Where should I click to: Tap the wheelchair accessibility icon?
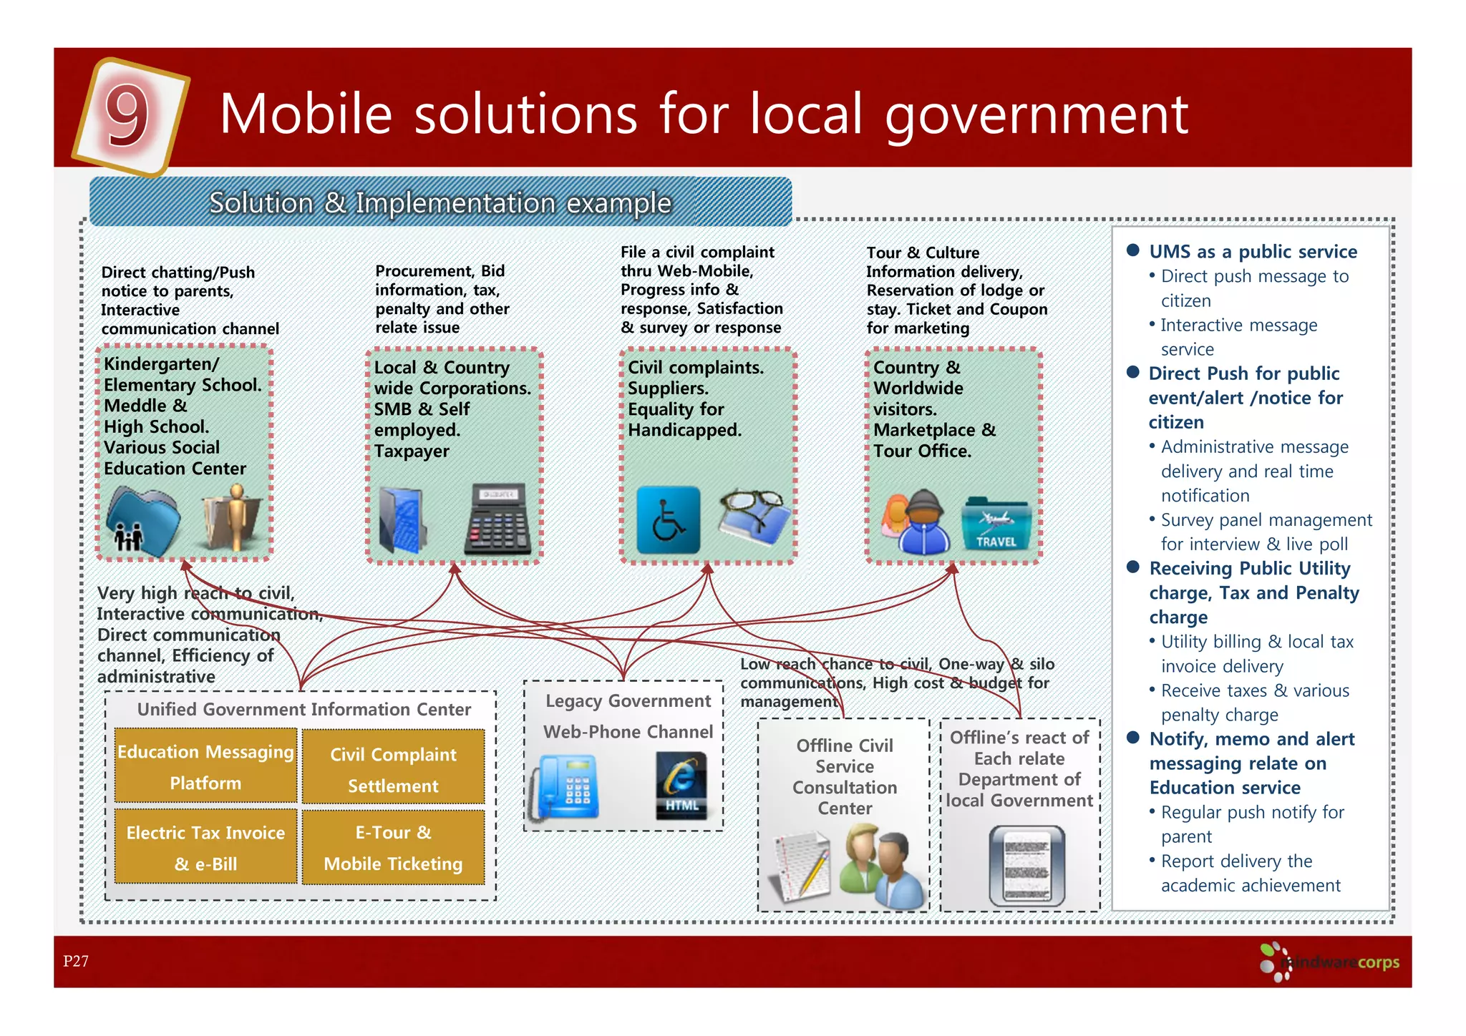pyautogui.click(x=668, y=520)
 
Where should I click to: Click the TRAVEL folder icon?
pyautogui.click(x=996, y=524)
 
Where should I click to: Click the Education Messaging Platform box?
pyautogui.click(x=205, y=766)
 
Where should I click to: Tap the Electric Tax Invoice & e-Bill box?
pyautogui.click(x=205, y=847)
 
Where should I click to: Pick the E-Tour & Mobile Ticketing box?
pyautogui.click(x=393, y=847)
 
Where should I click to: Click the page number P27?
pyautogui.click(x=75, y=961)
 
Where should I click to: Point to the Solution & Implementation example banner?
pyautogui.click(x=440, y=202)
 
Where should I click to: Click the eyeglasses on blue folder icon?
pyautogui.click(x=754, y=517)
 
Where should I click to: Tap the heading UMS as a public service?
pyautogui.click(x=1253, y=252)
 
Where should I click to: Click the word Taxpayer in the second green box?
pyautogui.click(x=412, y=451)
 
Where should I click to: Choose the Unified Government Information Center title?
pyautogui.click(x=304, y=709)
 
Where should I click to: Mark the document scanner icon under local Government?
pyautogui.click(x=1026, y=864)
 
